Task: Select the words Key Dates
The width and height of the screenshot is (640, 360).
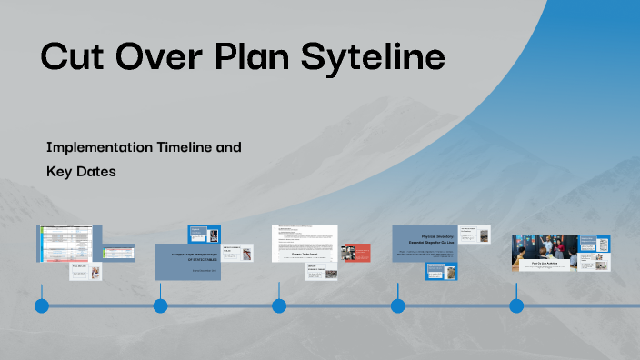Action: pos(81,170)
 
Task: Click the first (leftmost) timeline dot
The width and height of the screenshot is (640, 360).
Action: pos(42,305)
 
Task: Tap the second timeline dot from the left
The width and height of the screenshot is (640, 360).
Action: pos(160,305)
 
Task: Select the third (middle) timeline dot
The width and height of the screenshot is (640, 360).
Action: pos(279,305)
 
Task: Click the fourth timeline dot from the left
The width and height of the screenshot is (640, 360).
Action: pos(397,305)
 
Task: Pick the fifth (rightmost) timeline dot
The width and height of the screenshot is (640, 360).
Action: pos(516,305)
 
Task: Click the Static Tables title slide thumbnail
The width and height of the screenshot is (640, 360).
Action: pos(192,259)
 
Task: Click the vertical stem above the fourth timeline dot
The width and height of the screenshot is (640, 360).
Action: pos(397,291)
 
